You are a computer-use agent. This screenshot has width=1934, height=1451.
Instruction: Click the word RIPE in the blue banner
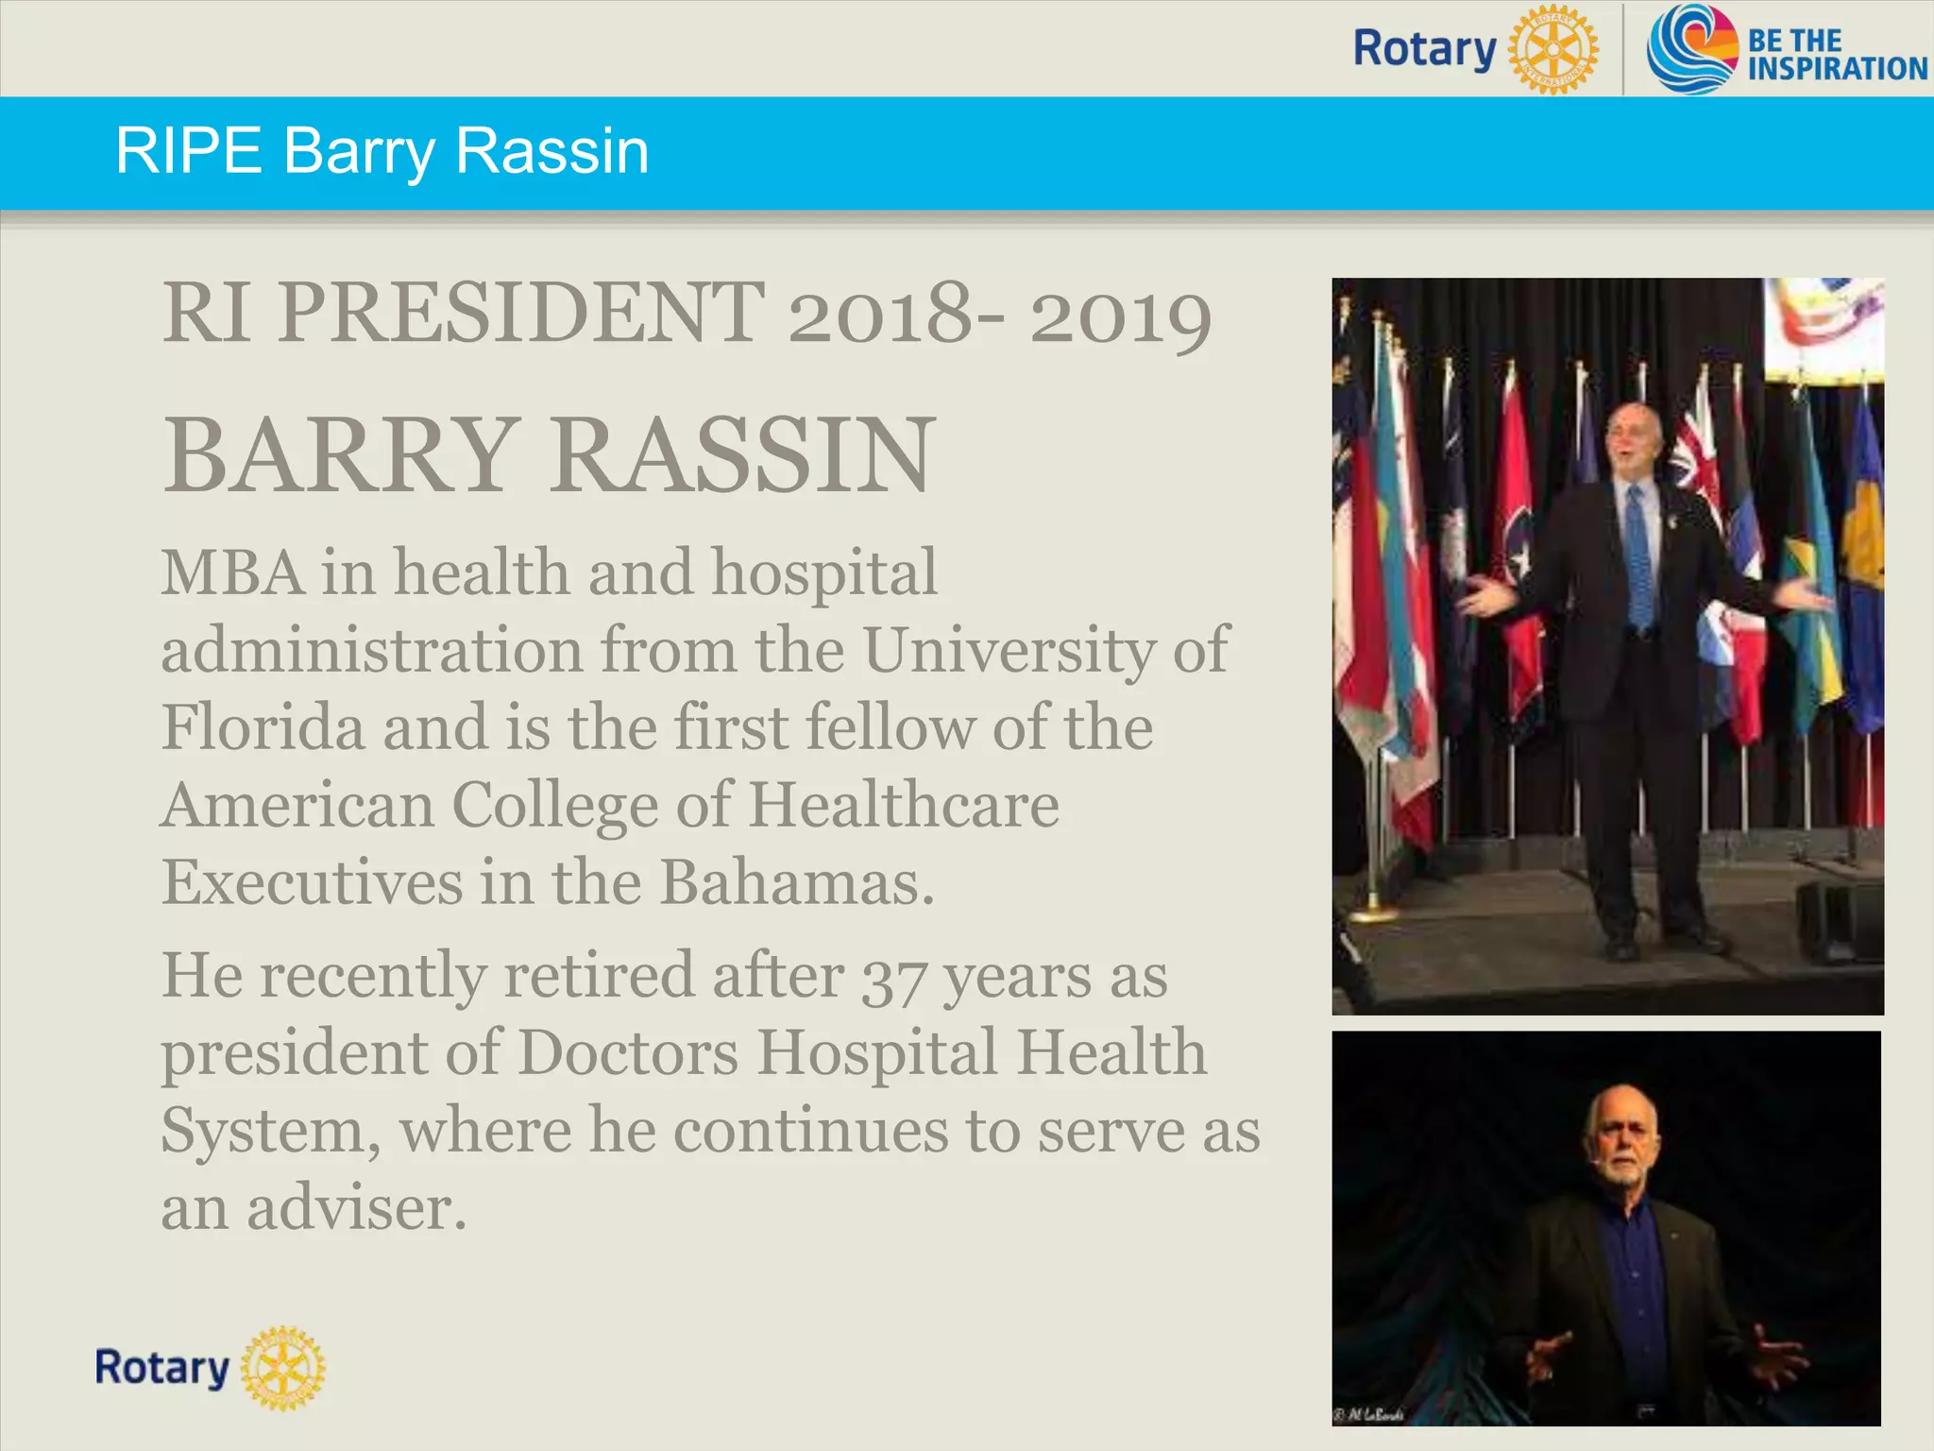[x=188, y=151]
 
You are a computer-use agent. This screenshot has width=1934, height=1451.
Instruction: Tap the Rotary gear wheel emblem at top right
[x=1552, y=49]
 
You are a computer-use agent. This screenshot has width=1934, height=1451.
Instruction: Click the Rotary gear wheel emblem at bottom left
[x=283, y=1368]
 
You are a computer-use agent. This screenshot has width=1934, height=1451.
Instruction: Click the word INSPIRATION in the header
[x=1837, y=69]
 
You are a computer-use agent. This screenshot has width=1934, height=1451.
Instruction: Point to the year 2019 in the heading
[x=1120, y=317]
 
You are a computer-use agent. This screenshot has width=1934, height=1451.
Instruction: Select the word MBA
[x=232, y=572]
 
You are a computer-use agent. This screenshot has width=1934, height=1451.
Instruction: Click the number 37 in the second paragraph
[x=893, y=979]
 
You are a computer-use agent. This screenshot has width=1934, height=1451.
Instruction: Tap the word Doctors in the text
[x=628, y=1052]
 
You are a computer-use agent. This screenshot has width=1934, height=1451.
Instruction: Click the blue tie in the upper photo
[x=1639, y=557]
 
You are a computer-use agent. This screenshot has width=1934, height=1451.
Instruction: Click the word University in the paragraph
[x=1009, y=650]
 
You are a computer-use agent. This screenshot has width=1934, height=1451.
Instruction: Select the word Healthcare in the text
[x=904, y=805]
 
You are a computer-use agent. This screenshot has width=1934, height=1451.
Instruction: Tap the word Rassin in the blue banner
[x=552, y=151]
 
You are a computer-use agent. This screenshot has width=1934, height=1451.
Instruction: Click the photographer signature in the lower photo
[x=1368, y=1414]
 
